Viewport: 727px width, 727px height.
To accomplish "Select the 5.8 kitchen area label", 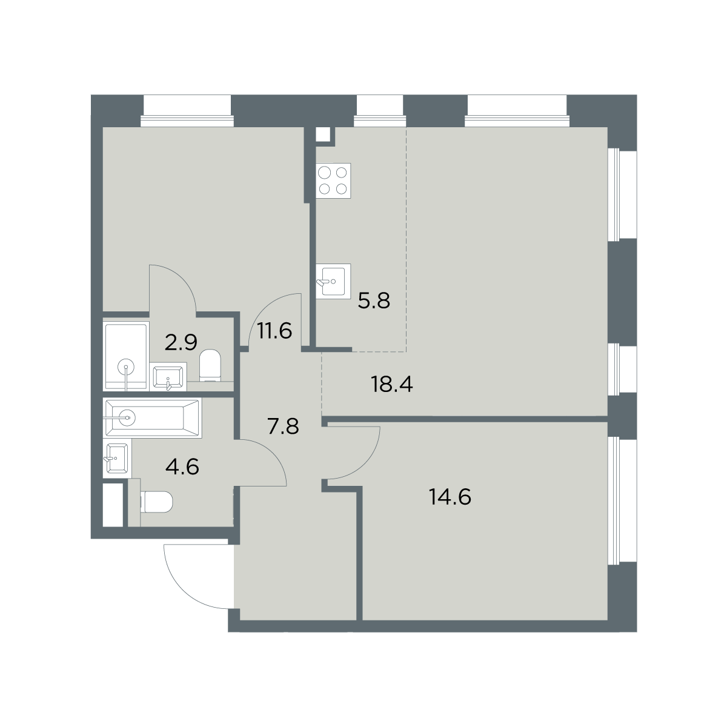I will coord(374,300).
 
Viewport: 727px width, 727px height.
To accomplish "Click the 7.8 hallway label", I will coord(283,427).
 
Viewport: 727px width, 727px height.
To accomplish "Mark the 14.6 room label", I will coord(450,497).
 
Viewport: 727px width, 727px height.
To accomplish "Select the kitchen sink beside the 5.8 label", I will coord(333,281).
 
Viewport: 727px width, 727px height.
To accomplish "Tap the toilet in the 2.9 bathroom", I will coord(211,365).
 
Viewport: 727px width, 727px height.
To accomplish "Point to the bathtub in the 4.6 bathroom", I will coord(152,417).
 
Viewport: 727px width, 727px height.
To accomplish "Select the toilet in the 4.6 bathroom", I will coord(156,502).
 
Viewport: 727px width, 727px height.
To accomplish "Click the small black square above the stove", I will coord(324,135).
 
